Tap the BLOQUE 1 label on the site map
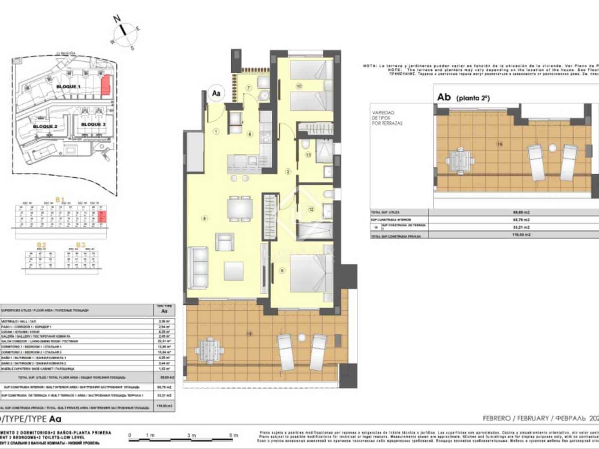69,86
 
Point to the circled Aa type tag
216,94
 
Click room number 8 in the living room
204,219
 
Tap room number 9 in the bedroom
281,270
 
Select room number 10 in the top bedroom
299,86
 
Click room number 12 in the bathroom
311,210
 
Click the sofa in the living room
198,267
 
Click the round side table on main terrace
302,337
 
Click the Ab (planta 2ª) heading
463,97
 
